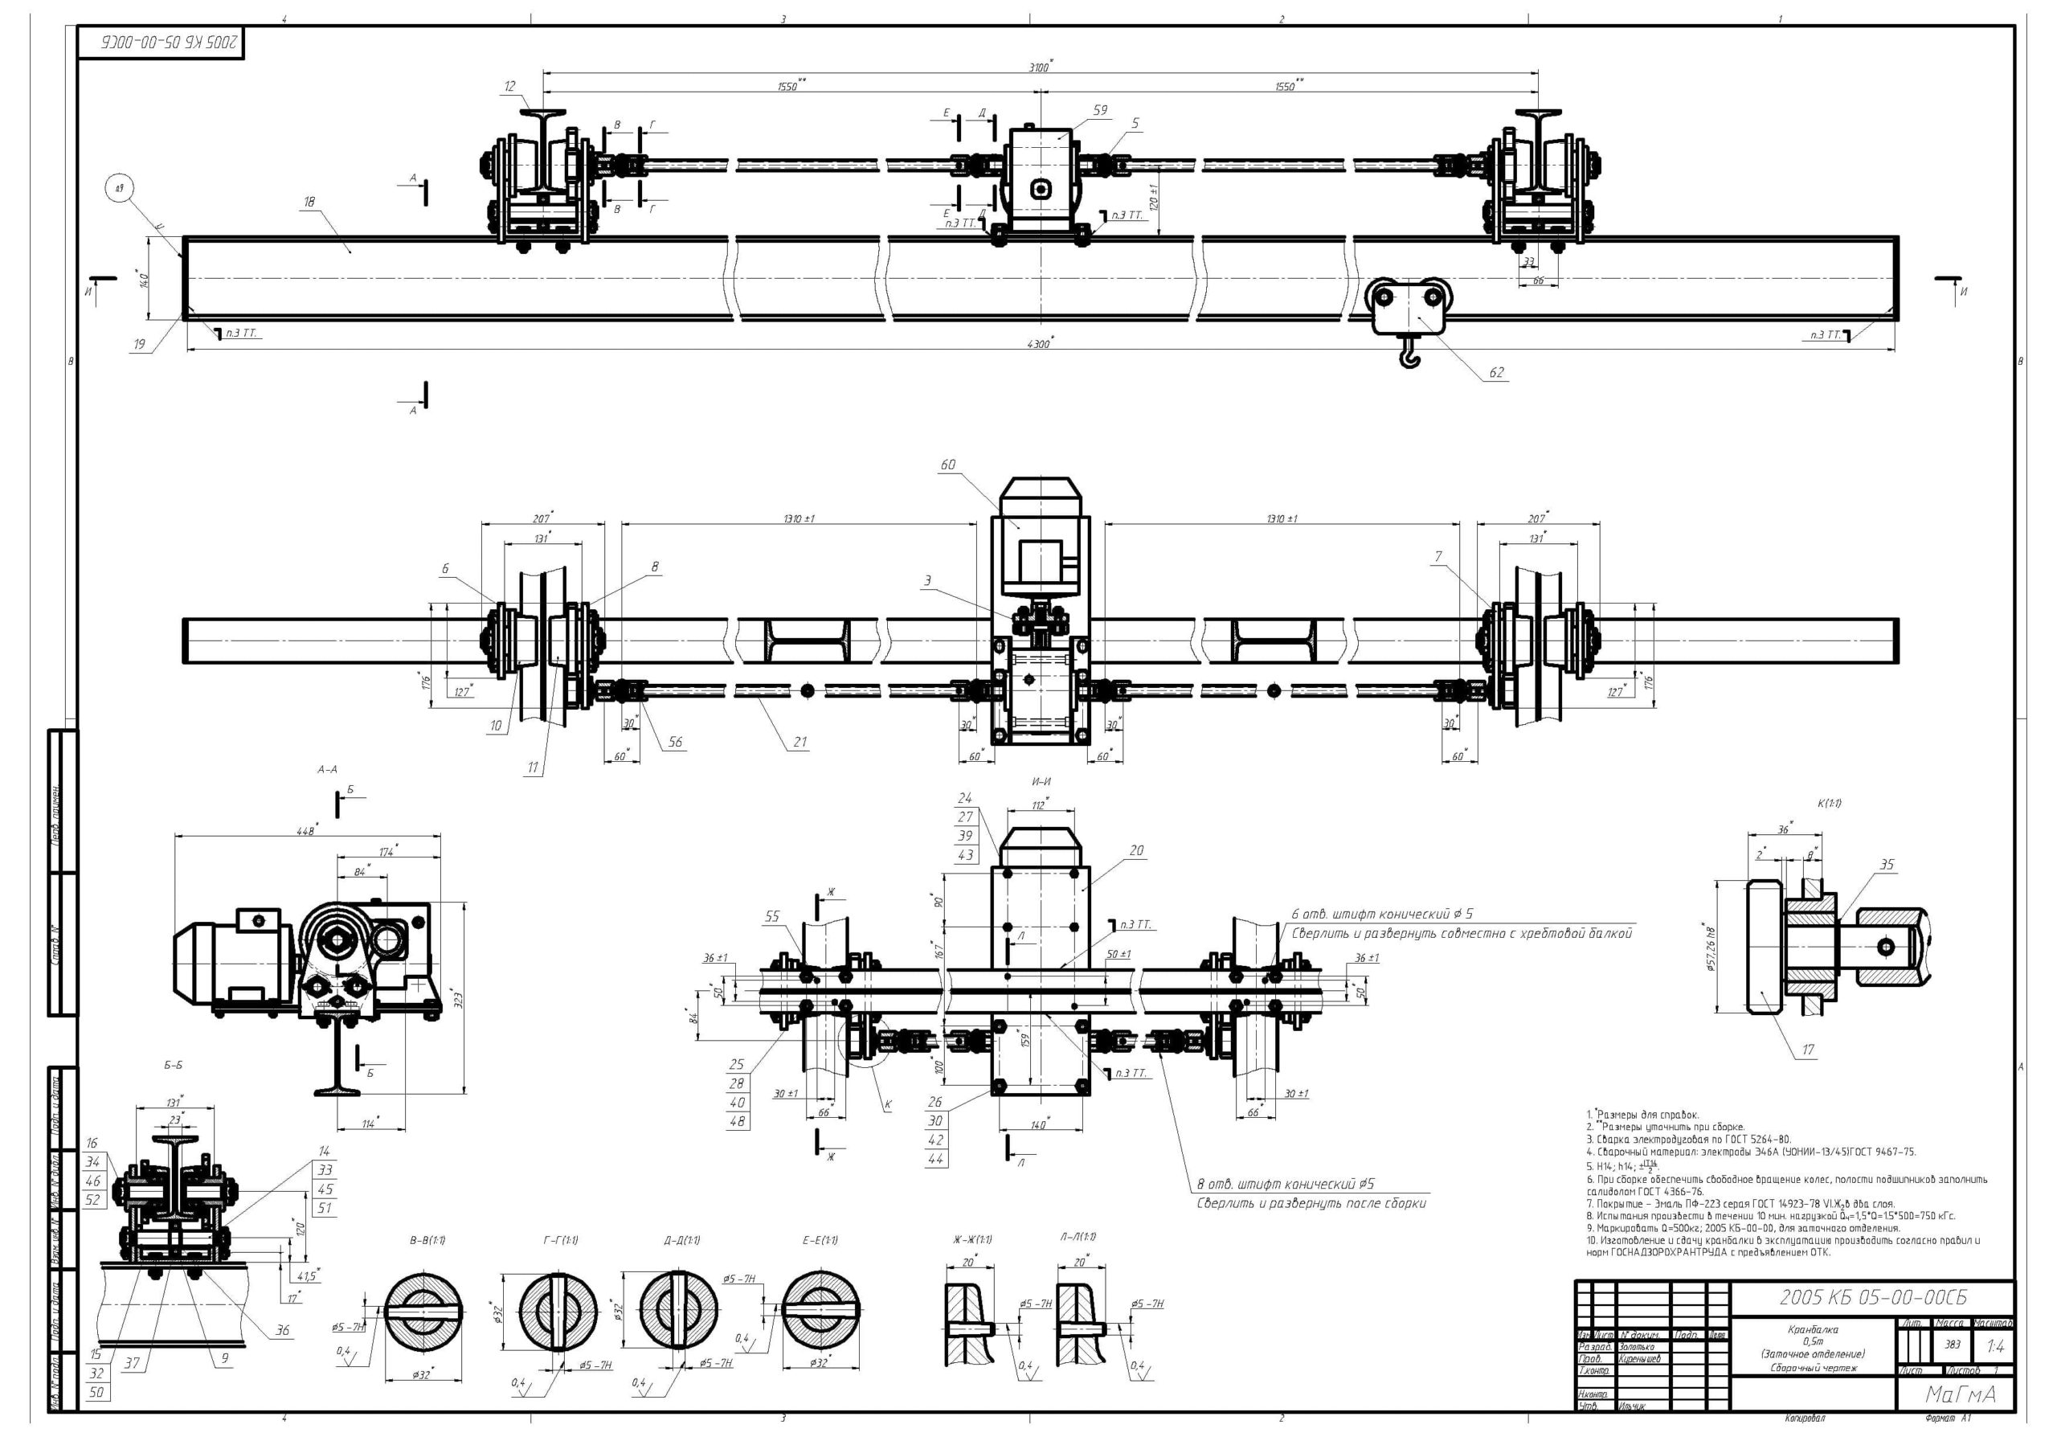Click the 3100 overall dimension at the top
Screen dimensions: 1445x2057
(x=1039, y=66)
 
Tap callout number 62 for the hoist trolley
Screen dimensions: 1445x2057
(x=1496, y=373)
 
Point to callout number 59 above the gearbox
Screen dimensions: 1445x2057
(x=1100, y=110)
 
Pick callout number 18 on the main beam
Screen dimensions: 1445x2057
(x=309, y=203)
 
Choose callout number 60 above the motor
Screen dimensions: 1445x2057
(x=948, y=465)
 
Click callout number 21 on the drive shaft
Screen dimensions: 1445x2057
(x=800, y=742)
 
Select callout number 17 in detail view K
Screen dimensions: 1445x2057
(x=1808, y=1050)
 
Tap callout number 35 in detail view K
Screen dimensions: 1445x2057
(x=1887, y=865)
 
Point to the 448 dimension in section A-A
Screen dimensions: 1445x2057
(x=305, y=830)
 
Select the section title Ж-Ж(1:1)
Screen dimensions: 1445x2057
(x=972, y=1240)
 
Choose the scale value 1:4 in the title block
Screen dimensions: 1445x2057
(x=1995, y=1345)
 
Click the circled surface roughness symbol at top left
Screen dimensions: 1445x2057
(x=119, y=189)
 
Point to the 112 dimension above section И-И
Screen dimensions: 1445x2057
(x=1038, y=805)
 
